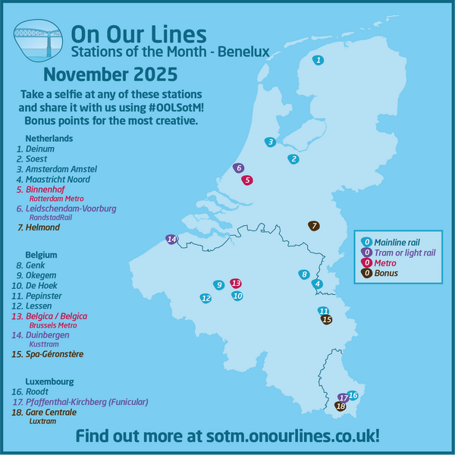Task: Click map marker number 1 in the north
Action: point(318,60)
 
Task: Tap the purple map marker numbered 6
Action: point(239,168)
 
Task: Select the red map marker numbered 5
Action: point(247,180)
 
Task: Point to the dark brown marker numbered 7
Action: point(313,225)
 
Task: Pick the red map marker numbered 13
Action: point(236,282)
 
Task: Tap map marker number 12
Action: point(206,298)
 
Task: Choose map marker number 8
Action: point(303,274)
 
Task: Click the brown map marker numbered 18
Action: point(340,406)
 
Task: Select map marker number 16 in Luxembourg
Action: point(353,395)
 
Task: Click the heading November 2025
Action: point(111,75)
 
